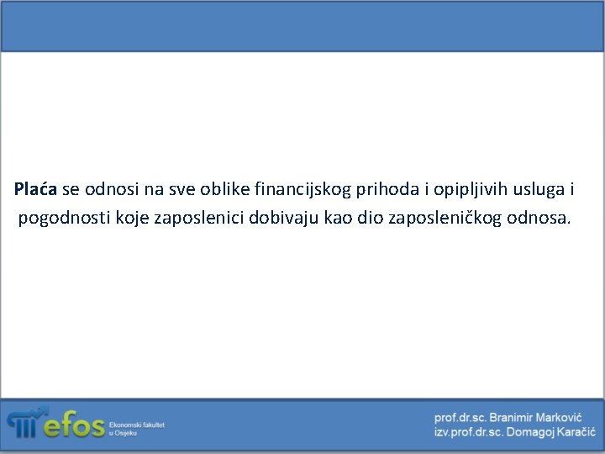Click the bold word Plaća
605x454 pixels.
36,190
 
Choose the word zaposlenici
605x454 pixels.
200,219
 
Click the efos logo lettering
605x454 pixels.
74,425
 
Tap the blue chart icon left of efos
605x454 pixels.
24,424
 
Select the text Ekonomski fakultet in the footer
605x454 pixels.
137,425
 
